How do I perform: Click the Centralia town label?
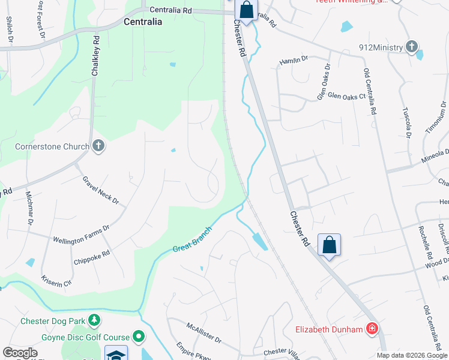tap(142, 22)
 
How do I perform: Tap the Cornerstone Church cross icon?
tap(98, 146)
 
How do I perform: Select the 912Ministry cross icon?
tap(411, 46)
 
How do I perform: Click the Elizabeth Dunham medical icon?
tap(372, 329)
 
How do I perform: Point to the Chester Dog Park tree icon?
tap(94, 320)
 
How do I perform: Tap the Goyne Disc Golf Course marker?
tap(139, 337)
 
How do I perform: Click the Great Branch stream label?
tap(193, 239)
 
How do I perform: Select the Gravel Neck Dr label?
tap(101, 190)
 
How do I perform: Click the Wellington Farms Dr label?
tap(82, 234)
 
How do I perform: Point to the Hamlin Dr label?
tap(294, 59)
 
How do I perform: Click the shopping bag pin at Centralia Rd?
tap(246, 10)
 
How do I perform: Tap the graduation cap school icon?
tap(116, 355)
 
